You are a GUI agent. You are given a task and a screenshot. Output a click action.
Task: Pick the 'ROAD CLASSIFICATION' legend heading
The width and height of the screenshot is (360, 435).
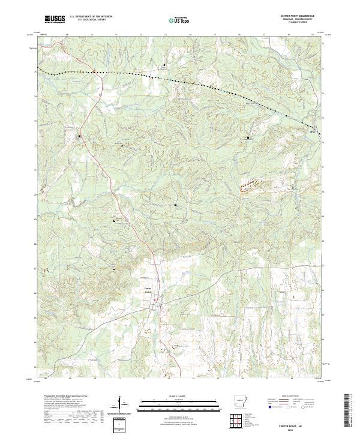pyautogui.click(x=298, y=397)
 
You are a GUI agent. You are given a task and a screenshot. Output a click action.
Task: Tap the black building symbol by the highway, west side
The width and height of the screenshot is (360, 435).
pyautogui.click(x=80, y=136)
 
